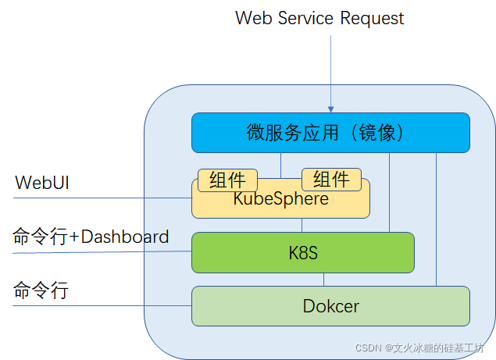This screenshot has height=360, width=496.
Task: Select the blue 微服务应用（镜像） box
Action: click(330, 133)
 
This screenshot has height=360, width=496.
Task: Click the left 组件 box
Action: click(227, 180)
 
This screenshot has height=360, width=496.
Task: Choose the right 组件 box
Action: click(331, 180)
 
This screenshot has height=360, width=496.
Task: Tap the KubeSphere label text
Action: click(280, 199)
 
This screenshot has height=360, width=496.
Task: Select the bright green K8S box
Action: click(302, 252)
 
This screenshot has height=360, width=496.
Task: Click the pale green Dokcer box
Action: click(330, 305)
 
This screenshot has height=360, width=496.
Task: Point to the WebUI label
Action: click(44, 183)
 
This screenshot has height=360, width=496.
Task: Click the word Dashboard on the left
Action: click(125, 237)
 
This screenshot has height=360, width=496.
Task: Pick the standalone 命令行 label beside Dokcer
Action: click(41, 291)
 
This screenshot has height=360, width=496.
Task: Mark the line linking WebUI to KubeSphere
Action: click(102, 198)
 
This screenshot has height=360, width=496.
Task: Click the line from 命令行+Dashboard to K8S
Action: click(102, 251)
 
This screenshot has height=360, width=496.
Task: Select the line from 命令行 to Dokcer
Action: click(102, 305)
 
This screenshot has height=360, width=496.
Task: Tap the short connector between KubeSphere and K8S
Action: click(302, 225)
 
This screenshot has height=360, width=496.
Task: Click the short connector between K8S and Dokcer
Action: click(324, 280)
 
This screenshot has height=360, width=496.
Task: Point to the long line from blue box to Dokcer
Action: click(437, 219)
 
